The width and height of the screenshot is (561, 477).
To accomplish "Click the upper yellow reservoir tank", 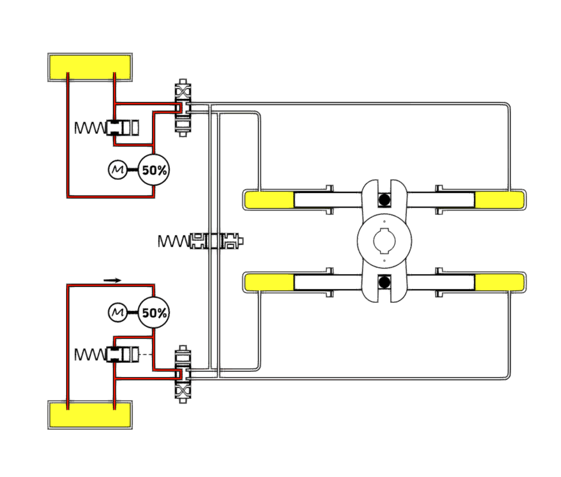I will pyautogui.click(x=91, y=67).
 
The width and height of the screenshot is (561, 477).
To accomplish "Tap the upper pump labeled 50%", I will pyautogui.click(x=154, y=170).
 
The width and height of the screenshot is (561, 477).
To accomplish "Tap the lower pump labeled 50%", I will pyautogui.click(x=154, y=313).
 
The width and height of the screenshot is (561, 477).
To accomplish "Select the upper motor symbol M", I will pyautogui.click(x=117, y=170).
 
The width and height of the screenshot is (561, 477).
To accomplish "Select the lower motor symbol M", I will pyautogui.click(x=117, y=313).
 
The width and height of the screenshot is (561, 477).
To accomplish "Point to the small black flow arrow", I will pyautogui.click(x=113, y=280).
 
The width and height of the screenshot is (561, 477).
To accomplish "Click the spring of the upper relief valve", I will pyautogui.click(x=89, y=127).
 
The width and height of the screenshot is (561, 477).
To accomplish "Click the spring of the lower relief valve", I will pyautogui.click(x=89, y=355).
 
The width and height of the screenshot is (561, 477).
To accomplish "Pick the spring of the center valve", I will pyautogui.click(x=173, y=241).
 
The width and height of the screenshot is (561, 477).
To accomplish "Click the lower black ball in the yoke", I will pyautogui.click(x=383, y=282).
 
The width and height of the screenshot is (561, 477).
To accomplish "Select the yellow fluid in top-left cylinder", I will pyautogui.click(x=269, y=199).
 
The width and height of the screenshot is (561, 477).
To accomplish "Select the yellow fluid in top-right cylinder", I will pyautogui.click(x=498, y=199).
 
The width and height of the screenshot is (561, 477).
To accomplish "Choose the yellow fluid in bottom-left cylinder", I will pyautogui.click(x=269, y=282).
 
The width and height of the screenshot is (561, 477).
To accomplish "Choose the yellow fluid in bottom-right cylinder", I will pyautogui.click(x=498, y=282).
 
